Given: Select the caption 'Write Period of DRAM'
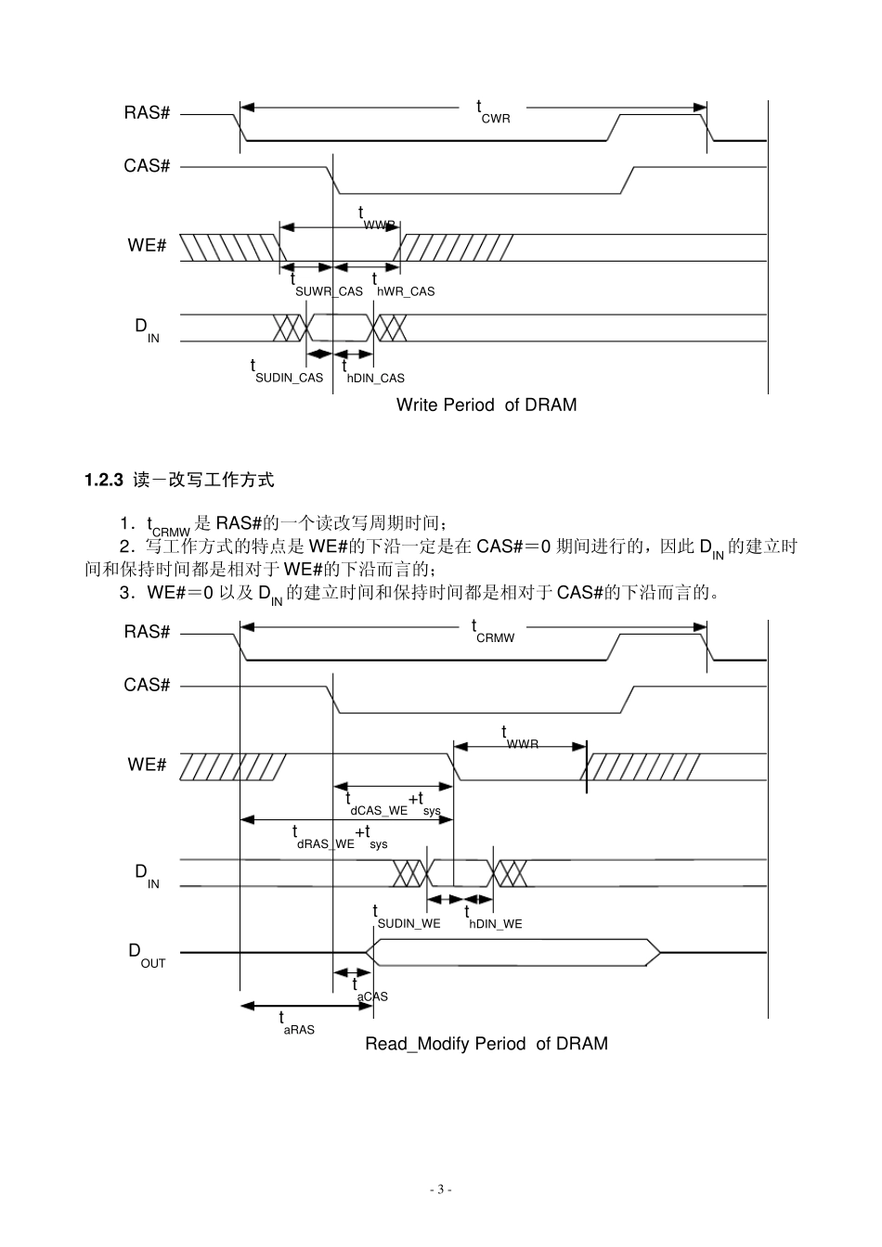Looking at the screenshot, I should click(x=486, y=405).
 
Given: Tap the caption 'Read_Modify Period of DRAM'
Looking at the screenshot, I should click(x=486, y=1044).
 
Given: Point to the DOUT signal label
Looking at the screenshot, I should click(x=147, y=955).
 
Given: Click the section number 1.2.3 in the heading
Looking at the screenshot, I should click(x=104, y=480).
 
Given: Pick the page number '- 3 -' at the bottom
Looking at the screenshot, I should click(x=441, y=1189).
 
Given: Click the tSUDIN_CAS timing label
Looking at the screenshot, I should click(x=287, y=373).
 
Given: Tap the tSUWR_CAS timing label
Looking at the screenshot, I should click(x=327, y=286).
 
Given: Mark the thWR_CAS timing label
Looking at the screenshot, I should click(x=403, y=286).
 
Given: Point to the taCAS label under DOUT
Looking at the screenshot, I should click(x=370, y=991).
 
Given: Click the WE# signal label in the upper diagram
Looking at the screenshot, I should click(x=147, y=246).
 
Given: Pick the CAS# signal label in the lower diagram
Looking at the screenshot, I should click(x=147, y=686).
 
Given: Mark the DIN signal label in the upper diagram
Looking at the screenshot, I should click(x=147, y=328).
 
